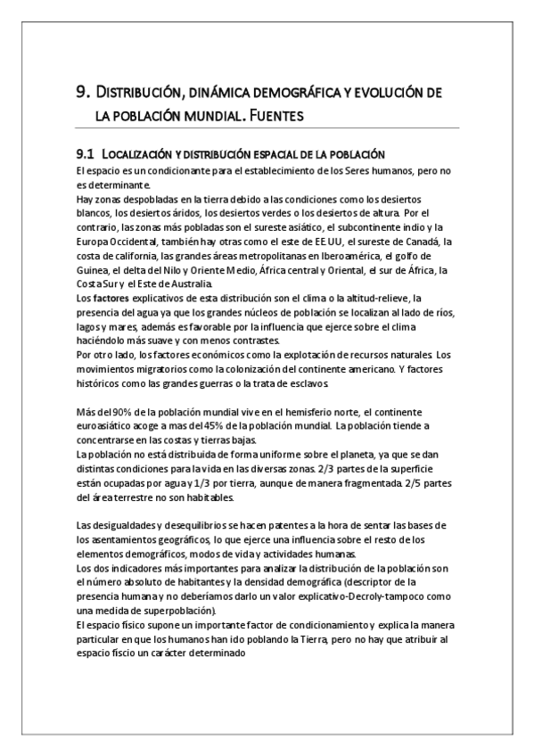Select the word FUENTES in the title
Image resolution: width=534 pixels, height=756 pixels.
pyautogui.click(x=274, y=115)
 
